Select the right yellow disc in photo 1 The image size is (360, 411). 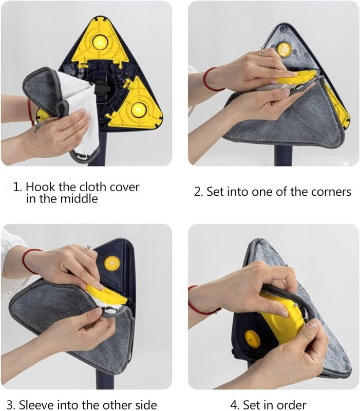(138, 109)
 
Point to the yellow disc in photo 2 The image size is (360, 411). (284, 49)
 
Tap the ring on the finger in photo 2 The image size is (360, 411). (262, 50)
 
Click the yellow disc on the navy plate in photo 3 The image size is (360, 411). (111, 263)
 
